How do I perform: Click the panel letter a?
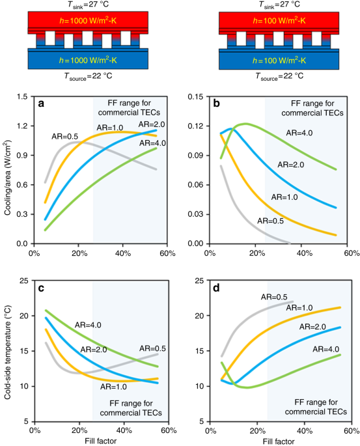coord(41,104)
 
